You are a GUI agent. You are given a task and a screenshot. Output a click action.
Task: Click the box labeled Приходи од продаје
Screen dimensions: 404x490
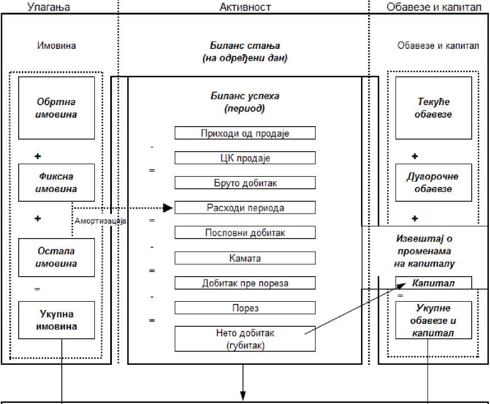pyautogui.click(x=245, y=133)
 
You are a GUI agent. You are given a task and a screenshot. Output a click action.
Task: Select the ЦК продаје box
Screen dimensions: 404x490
pyautogui.click(x=245, y=157)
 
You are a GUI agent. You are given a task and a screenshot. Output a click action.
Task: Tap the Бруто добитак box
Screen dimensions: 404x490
pyautogui.click(x=245, y=182)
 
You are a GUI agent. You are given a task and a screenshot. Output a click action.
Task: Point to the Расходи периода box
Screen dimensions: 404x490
pyautogui.click(x=245, y=207)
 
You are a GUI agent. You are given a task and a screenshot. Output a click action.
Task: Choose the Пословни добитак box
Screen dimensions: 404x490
pyautogui.click(x=245, y=232)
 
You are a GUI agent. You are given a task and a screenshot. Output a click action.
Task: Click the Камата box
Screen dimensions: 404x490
pyautogui.click(x=245, y=257)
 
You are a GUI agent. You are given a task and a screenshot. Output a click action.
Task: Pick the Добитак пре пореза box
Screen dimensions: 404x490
pyautogui.click(x=245, y=282)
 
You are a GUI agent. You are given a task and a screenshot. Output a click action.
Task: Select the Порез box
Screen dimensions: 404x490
pyautogui.click(x=245, y=307)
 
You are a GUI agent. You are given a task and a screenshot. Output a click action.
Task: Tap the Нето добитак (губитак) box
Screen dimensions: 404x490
pyautogui.click(x=245, y=338)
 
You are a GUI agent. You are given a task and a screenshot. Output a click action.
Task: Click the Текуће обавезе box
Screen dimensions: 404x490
pyautogui.click(x=433, y=108)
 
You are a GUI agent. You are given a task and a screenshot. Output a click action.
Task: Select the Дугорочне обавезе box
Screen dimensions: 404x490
pyautogui.click(x=433, y=182)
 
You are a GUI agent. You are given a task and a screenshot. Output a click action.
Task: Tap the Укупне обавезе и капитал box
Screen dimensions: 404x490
pyautogui.click(x=433, y=320)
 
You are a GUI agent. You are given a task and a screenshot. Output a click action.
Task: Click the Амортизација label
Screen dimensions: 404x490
pyautogui.click(x=100, y=220)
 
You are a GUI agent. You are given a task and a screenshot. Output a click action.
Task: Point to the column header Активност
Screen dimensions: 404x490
pyautogui.click(x=245, y=7)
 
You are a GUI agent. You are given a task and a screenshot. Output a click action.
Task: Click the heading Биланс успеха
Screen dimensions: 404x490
pyautogui.click(x=245, y=95)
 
